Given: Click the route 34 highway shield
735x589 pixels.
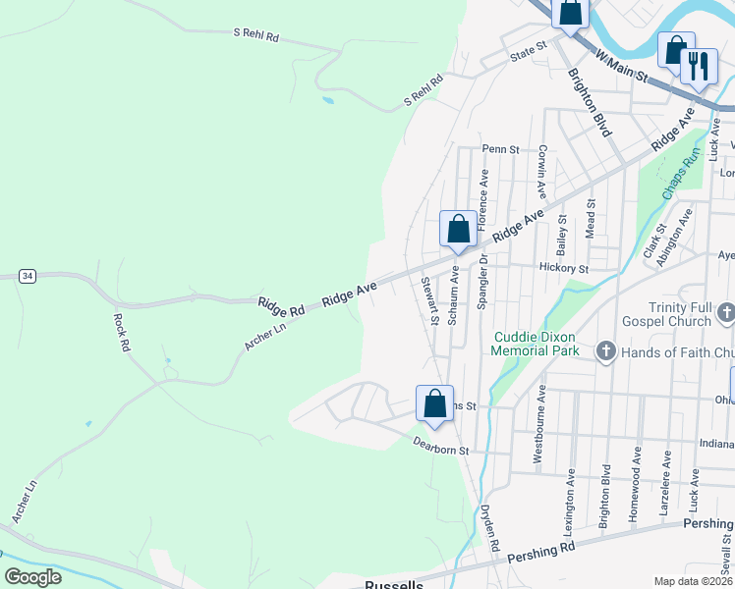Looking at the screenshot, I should pos(28,276).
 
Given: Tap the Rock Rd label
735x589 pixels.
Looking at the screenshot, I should pos(122,332).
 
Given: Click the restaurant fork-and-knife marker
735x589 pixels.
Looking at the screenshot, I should pos(699,67).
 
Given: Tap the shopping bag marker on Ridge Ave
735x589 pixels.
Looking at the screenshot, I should pos(458,230).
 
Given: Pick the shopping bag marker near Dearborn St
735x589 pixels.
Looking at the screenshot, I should pos(434,403).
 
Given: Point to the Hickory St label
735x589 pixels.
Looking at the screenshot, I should pos(563,268).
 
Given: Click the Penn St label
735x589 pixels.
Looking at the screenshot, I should pos(499,149).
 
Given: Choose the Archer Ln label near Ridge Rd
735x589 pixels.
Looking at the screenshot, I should pos(263,332).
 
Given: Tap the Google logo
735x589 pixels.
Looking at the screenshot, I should pos(32,577).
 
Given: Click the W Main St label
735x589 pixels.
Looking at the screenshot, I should pos(622,67).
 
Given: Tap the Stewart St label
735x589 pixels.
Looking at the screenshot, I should pos(428,300).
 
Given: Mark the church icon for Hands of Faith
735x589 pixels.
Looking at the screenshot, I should pos(605,351).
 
